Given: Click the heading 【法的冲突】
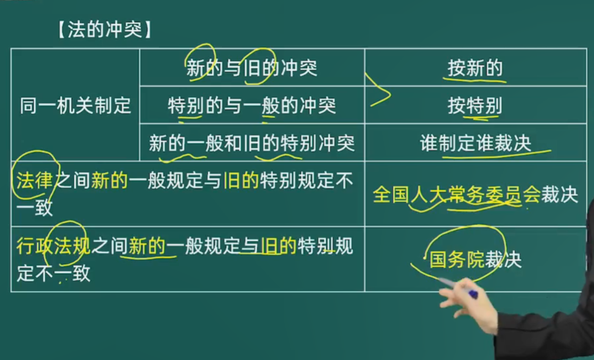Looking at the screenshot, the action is tap(105, 30).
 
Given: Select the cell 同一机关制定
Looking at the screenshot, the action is tap(76, 105).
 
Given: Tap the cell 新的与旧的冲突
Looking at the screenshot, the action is tap(252, 68).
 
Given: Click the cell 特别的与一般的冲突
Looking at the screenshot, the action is tap(252, 105).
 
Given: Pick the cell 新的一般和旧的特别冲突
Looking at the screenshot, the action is tap(252, 143).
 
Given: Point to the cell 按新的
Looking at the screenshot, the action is tap(475, 68).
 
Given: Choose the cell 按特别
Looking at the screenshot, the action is tap(475, 105).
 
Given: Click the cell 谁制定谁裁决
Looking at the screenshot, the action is tap(475, 143).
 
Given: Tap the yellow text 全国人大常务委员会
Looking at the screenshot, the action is tap(456, 195).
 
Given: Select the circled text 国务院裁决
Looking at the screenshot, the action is tap(475, 259).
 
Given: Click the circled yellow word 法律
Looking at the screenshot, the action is tap(34, 180).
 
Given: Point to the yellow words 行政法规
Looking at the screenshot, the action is tap(53, 246).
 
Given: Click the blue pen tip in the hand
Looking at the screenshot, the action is tap(473, 294).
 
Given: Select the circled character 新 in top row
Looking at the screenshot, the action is tap(196, 68).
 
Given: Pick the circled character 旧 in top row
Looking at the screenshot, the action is tap(252, 68).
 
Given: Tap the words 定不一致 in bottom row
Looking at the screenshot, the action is tap(53, 273).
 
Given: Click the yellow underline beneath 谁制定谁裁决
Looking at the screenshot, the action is tap(496, 154).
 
